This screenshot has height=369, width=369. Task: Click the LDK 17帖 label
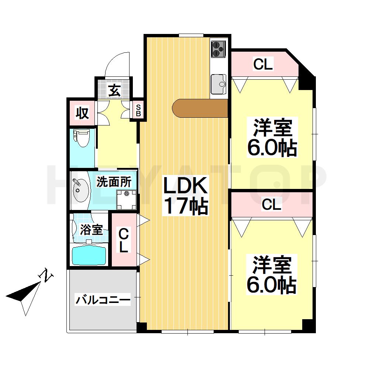coord(185,196)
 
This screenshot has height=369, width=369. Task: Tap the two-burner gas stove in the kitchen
coord(218,49)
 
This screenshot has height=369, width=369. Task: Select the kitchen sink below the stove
coord(219,85)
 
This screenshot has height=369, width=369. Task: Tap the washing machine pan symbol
coord(127,199)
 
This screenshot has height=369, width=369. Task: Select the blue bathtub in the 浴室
coord(89,255)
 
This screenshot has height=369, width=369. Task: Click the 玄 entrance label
coord(114,90)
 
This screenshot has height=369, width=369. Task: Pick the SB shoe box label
coord(138,110)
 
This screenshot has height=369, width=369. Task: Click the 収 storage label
coord(82,113)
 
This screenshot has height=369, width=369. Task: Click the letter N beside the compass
coord(47,275)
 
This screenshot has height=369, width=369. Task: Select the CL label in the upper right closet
coord(263,65)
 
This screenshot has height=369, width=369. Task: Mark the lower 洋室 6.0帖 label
coord(272,275)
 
